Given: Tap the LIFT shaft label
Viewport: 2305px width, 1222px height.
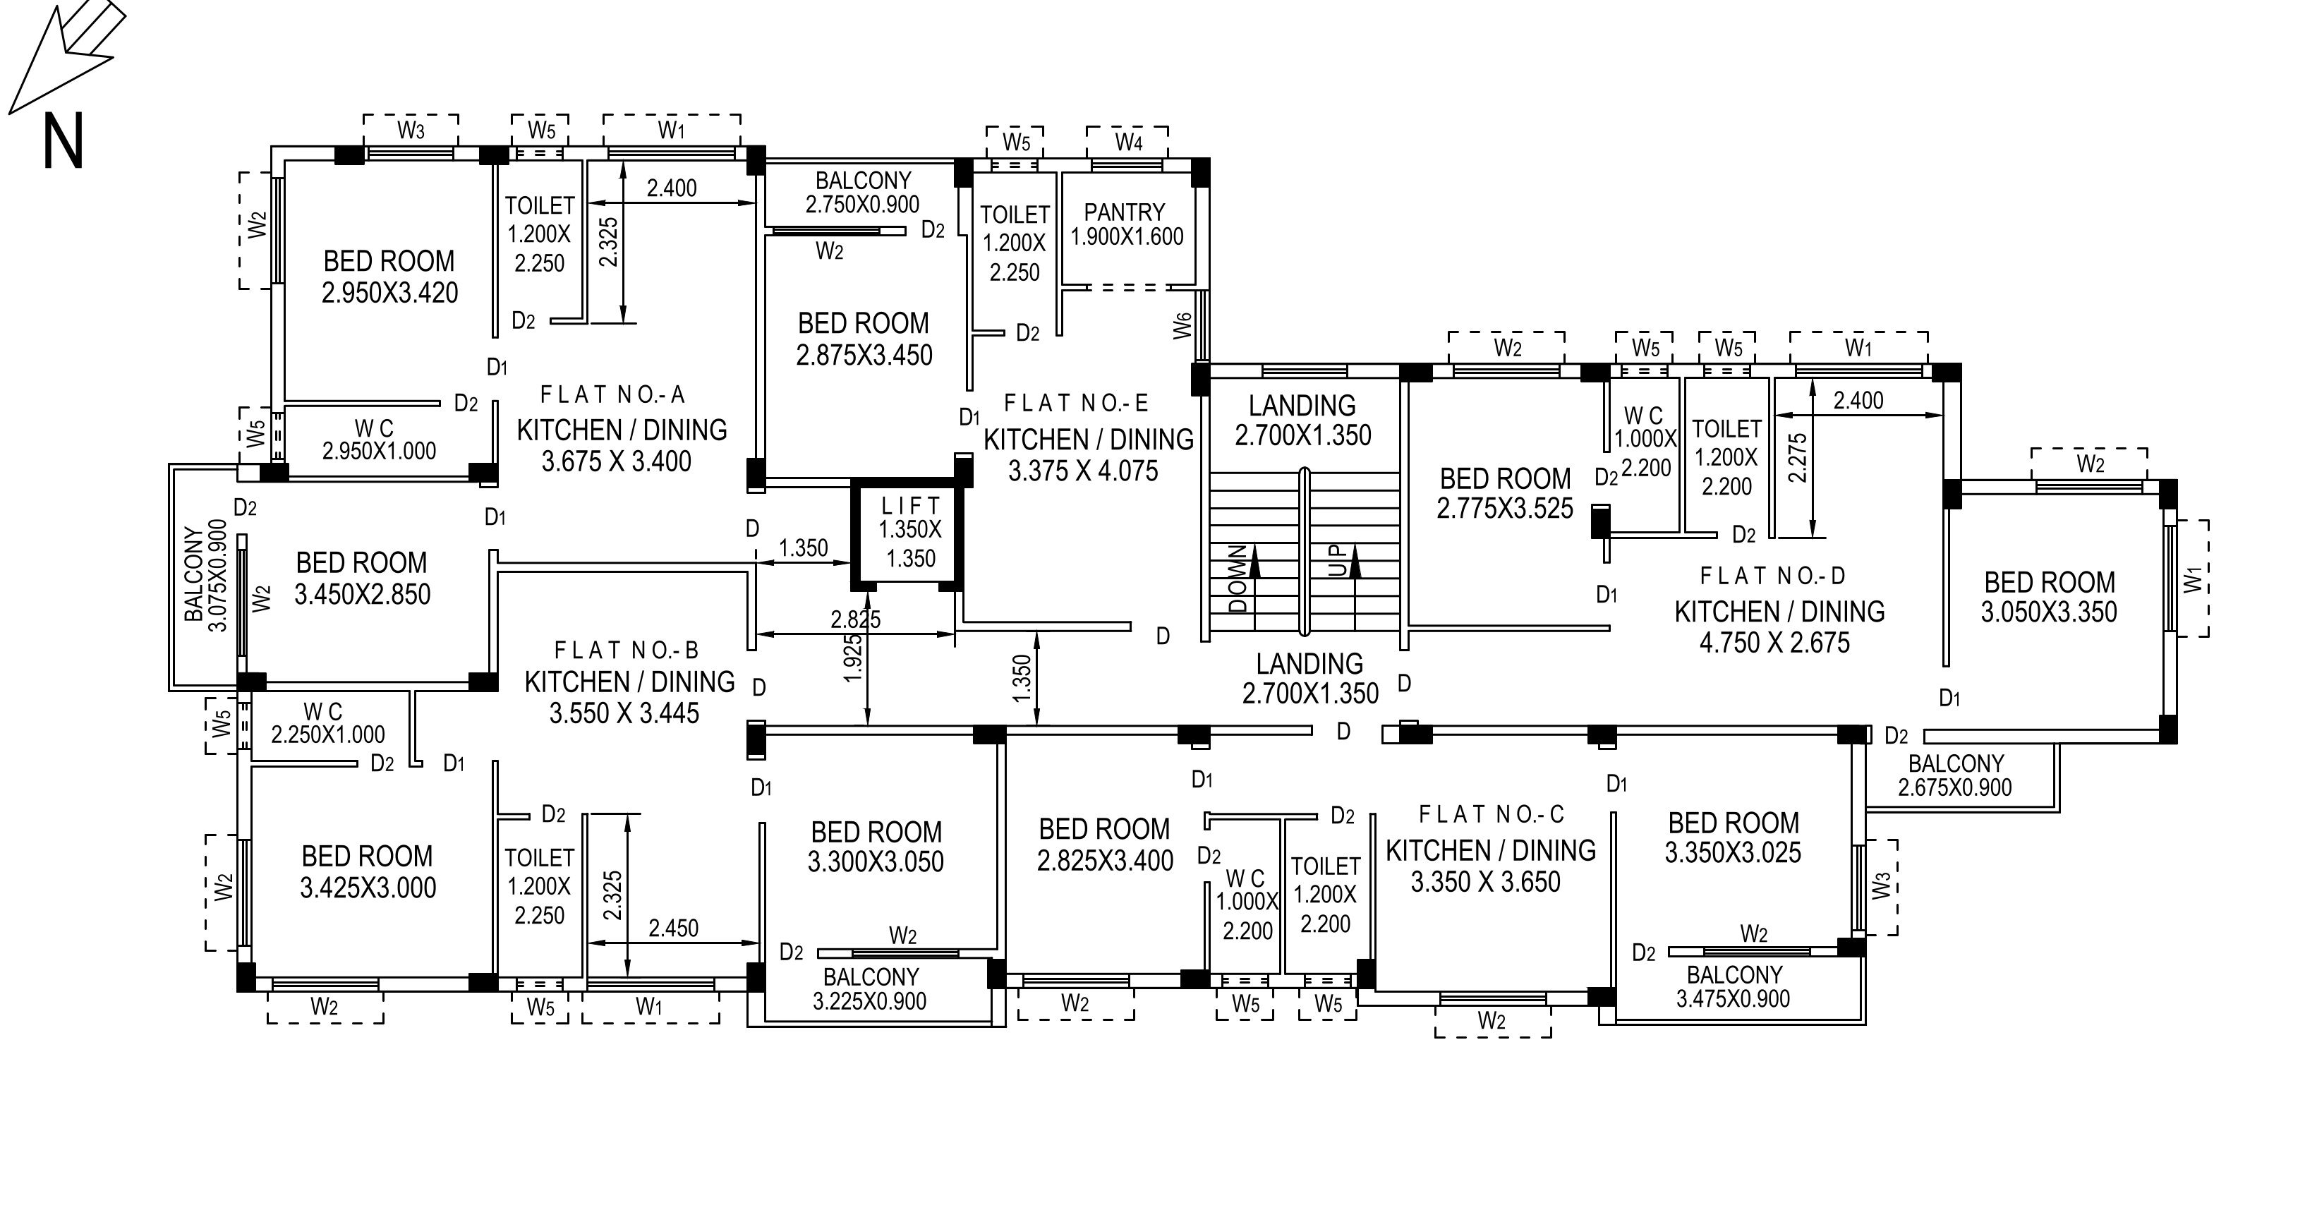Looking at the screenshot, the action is pyautogui.click(x=910, y=505).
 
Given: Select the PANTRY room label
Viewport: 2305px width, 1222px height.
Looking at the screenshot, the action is pyautogui.click(x=1125, y=213).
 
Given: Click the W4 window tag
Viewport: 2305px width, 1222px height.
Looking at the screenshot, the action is pyautogui.click(x=1128, y=143).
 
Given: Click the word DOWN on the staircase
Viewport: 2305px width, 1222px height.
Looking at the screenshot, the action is pyautogui.click(x=1238, y=578).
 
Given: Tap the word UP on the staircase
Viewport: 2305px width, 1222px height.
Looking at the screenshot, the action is pyautogui.click(x=1338, y=562).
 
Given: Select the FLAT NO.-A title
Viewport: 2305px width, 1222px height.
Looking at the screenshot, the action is pyautogui.click(x=613, y=394).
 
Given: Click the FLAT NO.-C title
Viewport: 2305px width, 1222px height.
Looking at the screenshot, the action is pyautogui.click(x=1492, y=814).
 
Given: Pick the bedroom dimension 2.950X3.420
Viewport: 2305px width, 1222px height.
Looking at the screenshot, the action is pyautogui.click(x=390, y=293).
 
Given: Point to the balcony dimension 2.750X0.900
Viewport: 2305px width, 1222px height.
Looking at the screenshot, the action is pyautogui.click(x=863, y=205).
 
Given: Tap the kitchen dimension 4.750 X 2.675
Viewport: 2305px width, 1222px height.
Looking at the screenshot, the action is pyautogui.click(x=1774, y=642).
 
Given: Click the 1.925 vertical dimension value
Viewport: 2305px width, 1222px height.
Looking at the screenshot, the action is pyautogui.click(x=854, y=658).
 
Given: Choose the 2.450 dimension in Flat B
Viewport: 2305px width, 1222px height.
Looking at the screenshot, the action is pyautogui.click(x=674, y=928).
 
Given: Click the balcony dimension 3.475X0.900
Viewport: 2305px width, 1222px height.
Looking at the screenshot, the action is pyautogui.click(x=1734, y=999).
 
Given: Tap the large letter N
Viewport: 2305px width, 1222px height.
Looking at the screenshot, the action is pyautogui.click(x=63, y=141).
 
